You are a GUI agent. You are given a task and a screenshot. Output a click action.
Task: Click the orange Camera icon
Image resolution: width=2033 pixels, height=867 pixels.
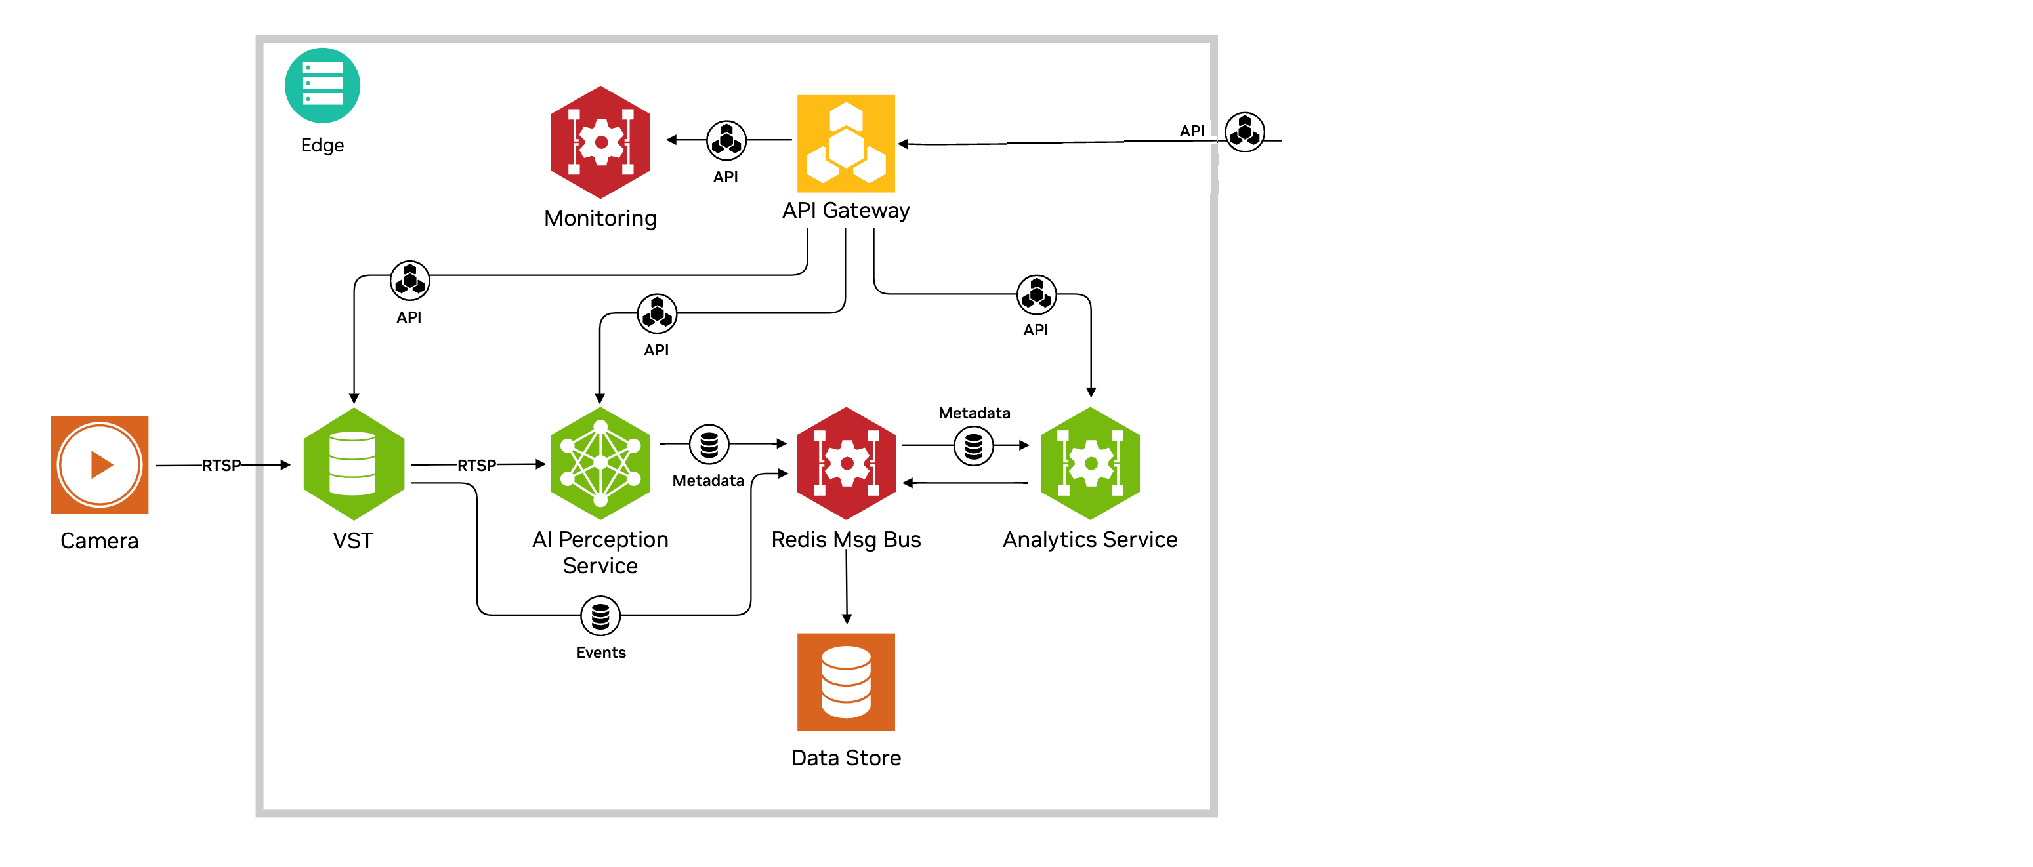(x=100, y=465)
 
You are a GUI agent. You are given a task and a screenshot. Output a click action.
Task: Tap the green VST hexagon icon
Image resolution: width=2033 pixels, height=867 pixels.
(x=353, y=464)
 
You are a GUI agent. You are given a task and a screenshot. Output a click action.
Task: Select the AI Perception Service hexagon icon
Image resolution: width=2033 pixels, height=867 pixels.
(x=600, y=463)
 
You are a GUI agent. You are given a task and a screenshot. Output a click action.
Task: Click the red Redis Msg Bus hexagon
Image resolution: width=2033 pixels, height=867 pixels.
(x=846, y=463)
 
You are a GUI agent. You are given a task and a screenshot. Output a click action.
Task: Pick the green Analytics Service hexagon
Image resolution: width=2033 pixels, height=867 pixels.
(x=1091, y=463)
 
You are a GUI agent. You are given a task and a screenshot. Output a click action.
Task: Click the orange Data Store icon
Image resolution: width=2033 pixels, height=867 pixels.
(x=846, y=681)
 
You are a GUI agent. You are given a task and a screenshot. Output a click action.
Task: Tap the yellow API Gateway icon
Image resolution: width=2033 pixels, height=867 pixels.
(x=846, y=144)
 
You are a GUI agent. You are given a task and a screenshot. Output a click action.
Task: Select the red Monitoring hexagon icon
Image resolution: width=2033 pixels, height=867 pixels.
(x=600, y=142)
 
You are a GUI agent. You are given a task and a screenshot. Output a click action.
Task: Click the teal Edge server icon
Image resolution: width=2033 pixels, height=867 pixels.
(x=322, y=85)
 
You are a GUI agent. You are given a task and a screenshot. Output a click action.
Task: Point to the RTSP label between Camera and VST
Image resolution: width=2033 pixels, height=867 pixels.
(x=222, y=466)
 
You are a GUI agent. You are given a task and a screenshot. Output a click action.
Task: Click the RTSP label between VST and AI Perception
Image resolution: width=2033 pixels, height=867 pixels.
(x=476, y=466)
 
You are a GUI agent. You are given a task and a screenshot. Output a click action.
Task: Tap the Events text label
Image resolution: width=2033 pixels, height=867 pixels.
(x=600, y=653)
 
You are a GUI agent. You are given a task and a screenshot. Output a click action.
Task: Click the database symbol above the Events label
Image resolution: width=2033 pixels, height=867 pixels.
(x=600, y=615)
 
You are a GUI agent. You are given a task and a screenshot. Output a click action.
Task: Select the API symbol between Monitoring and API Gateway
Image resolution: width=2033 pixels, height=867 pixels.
(x=726, y=140)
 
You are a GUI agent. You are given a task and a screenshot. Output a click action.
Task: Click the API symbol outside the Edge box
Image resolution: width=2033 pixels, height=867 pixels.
(x=1245, y=132)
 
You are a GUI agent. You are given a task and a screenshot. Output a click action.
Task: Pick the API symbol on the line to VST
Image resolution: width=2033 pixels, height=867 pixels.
(x=409, y=280)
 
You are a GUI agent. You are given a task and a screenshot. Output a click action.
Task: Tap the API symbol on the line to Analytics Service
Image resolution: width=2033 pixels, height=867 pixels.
(x=1036, y=294)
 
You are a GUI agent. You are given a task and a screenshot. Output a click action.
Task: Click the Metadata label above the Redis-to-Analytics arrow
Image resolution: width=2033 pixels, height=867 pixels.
(x=974, y=413)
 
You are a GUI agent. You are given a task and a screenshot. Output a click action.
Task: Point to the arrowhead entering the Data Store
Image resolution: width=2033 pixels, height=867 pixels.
(x=847, y=619)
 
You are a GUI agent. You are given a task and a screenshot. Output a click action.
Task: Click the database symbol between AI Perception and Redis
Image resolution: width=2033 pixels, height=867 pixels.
(x=709, y=444)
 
